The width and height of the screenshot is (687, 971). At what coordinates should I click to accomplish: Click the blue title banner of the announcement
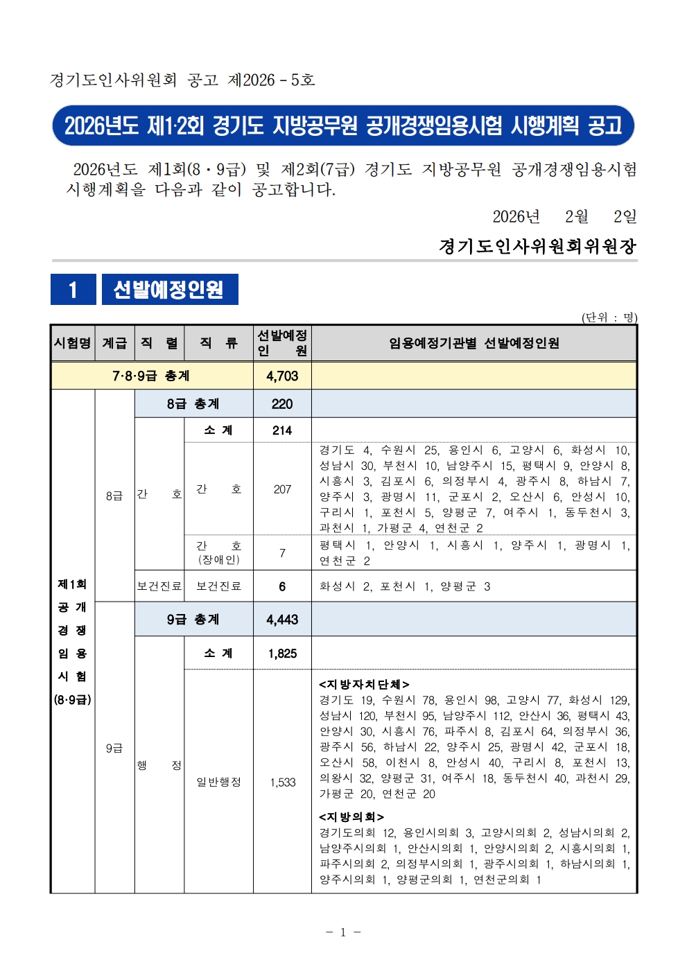343,125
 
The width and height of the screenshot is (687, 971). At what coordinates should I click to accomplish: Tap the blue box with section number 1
73,289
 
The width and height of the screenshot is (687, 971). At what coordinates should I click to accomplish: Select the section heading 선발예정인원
169,289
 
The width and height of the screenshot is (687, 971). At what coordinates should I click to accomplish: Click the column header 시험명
73,343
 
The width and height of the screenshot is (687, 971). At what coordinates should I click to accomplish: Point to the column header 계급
114,343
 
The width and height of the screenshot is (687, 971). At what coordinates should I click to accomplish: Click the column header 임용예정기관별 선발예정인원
473,343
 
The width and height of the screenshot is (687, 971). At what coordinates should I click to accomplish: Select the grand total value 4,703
282,376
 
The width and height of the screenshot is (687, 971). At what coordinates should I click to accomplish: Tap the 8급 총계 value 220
282,403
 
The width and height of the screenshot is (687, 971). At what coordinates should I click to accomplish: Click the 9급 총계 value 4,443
282,619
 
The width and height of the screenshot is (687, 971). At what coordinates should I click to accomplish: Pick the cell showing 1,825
282,653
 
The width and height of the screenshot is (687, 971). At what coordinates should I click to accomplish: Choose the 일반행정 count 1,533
282,782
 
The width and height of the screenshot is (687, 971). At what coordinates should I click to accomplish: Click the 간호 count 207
282,489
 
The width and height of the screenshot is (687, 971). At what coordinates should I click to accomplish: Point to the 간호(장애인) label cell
218,552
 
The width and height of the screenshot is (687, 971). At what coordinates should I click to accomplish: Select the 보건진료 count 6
282,586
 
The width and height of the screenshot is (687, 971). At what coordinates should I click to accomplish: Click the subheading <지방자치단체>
364,684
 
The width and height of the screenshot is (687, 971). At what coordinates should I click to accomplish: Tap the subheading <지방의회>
351,816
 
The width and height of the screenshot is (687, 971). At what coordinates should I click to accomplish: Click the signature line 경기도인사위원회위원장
537,246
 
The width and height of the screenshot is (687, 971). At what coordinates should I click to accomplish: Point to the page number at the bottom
343,932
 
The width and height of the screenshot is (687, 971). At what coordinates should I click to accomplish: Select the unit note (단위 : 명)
609,317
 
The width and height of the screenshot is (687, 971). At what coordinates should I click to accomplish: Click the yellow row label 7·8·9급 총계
151,376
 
